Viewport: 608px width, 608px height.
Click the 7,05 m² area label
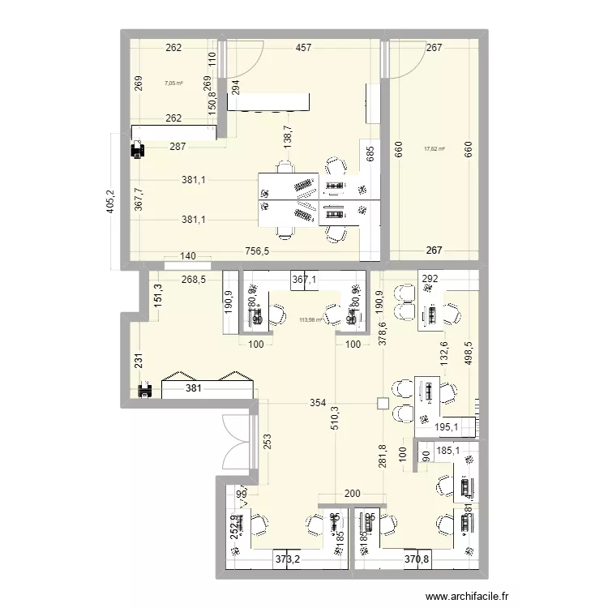[x=173, y=83]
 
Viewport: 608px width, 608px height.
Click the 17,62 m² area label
[x=435, y=148]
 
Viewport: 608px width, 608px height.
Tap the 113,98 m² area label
[x=310, y=319]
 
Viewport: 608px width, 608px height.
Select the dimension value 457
[x=303, y=49]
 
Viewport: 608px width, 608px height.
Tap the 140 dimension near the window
[x=188, y=256]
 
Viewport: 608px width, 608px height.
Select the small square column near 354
[x=383, y=404]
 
